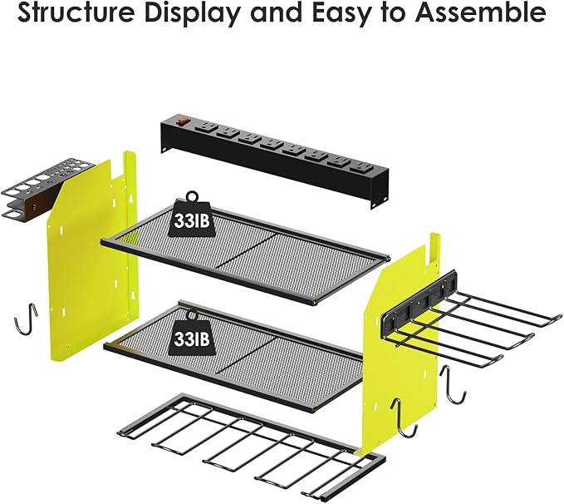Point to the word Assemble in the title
(x=487, y=14)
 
